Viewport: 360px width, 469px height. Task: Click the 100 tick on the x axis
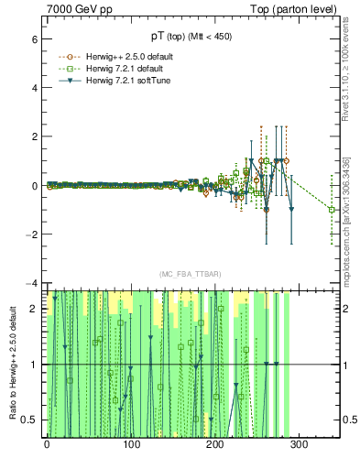[x=131, y=445]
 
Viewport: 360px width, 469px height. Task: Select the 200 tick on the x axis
[x=215, y=445]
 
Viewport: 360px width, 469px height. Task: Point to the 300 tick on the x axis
[x=300, y=445]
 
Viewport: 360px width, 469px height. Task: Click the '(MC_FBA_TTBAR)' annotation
[x=190, y=274]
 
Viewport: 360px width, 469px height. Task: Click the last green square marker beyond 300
[x=333, y=210]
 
